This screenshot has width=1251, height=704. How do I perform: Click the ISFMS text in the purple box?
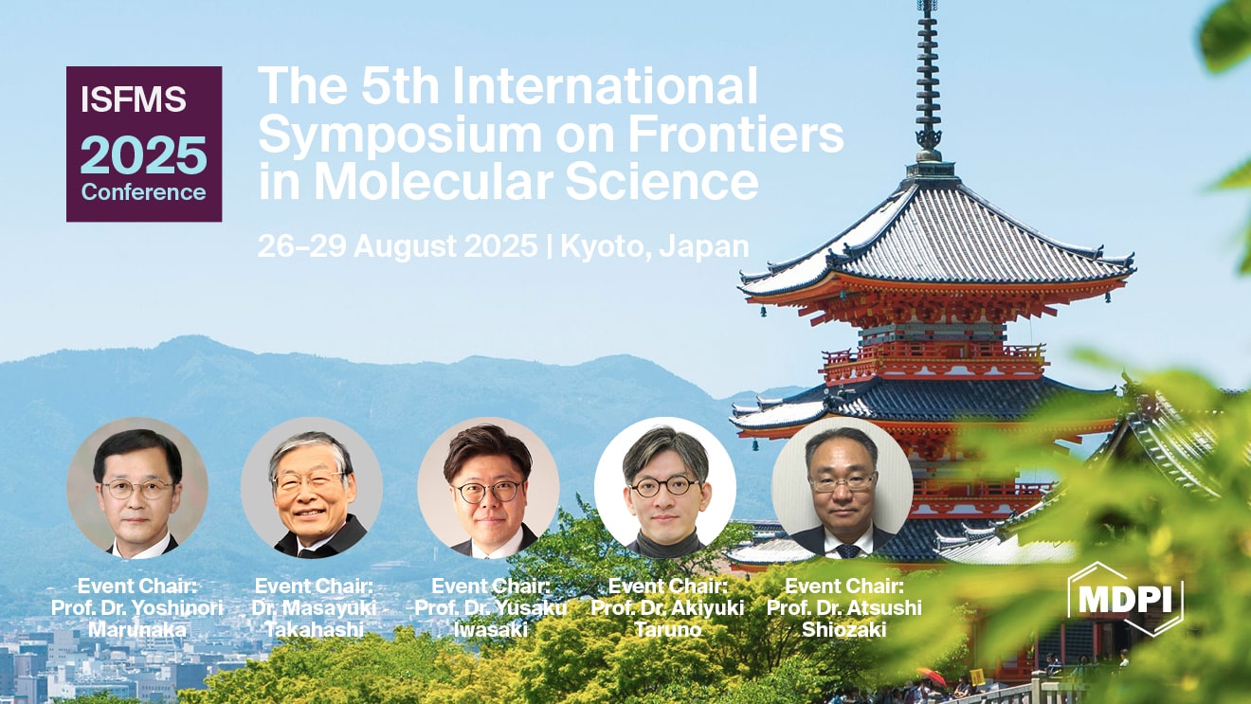pos(134,99)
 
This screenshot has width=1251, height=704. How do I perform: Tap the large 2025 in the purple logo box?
pos(143,155)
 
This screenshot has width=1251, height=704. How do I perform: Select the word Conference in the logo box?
pos(143,192)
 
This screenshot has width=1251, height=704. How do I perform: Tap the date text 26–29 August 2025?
pos(398,245)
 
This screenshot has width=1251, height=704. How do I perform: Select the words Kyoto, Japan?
pos(654,246)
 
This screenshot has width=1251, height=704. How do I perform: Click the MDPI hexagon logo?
pos(1125,599)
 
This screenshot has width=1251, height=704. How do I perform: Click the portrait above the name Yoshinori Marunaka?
pos(137,488)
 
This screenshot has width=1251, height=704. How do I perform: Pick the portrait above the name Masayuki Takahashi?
pos(312,488)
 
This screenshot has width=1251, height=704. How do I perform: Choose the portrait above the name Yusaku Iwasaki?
pos(488,488)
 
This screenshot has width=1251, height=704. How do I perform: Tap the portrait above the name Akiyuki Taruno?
pos(665,488)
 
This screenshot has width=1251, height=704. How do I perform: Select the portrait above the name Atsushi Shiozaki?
pos(843,488)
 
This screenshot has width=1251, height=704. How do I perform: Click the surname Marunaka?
pos(137,630)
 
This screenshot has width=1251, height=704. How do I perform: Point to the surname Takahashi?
pos(314,630)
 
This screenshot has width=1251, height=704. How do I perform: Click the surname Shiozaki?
pos(843,630)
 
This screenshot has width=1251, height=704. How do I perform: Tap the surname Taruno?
pos(667,630)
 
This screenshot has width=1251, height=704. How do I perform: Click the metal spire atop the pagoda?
pos(928,78)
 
